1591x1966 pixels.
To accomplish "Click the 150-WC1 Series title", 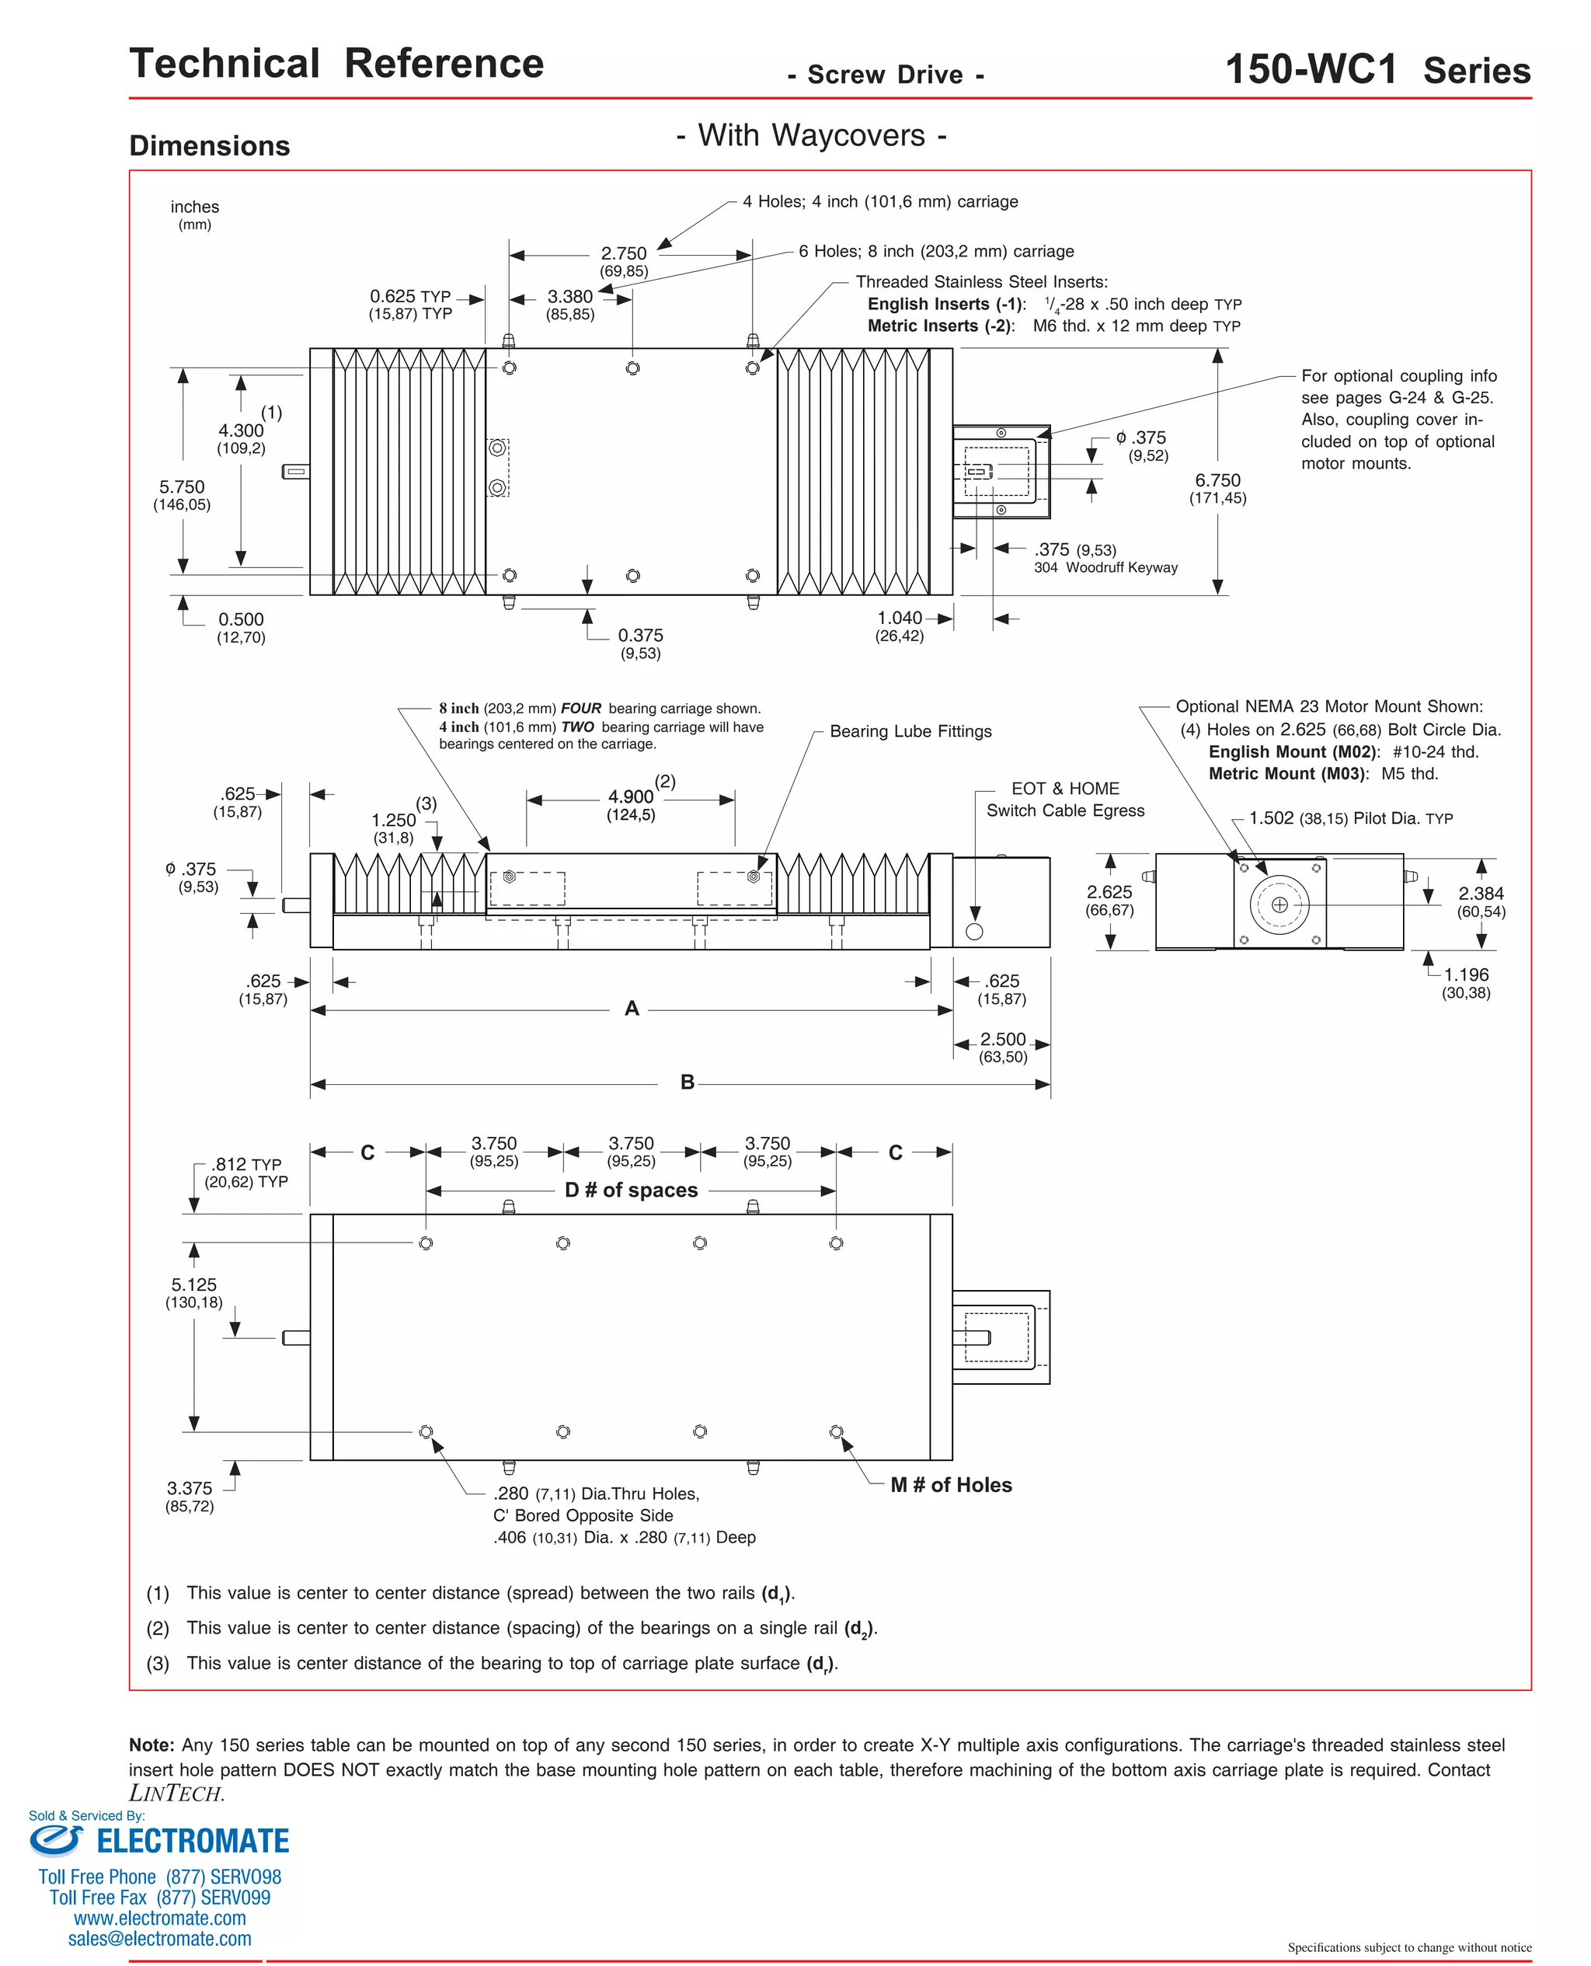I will coord(1377,70).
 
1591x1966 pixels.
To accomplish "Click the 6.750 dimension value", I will coord(1217,480).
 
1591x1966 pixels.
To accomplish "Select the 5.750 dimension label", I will coord(182,486).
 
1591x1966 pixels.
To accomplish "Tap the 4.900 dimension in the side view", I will coord(631,797).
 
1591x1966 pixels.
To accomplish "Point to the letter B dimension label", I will coord(688,1082).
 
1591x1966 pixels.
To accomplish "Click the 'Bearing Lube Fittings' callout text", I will coord(910,731).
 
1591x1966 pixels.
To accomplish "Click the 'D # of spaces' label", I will coord(631,1190).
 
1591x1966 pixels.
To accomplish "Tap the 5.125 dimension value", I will coord(193,1285).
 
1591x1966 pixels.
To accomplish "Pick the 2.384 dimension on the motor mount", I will coord(1480,893).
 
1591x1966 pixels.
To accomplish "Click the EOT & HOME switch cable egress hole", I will coord(974,931).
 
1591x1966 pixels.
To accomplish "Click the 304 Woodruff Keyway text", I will coord(1105,567).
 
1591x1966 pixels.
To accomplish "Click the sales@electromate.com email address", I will coord(159,1939).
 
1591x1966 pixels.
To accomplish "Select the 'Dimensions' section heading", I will coord(209,146).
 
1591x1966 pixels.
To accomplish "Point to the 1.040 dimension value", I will coord(899,618).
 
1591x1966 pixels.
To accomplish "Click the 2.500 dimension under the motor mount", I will coord(1003,1040).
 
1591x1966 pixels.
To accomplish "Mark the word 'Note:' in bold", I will coord(151,1745).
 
